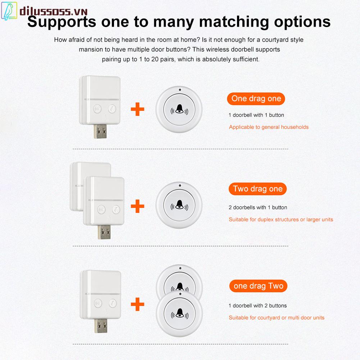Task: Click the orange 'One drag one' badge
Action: click(x=256, y=99)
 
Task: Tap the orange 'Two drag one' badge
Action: click(x=258, y=189)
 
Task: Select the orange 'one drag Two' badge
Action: click(x=258, y=286)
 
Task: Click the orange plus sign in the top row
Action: click(x=137, y=109)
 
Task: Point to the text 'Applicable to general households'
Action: click(x=269, y=127)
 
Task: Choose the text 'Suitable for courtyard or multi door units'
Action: click(x=277, y=318)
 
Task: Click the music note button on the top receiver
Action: click(x=113, y=108)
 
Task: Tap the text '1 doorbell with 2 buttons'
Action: click(x=258, y=306)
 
